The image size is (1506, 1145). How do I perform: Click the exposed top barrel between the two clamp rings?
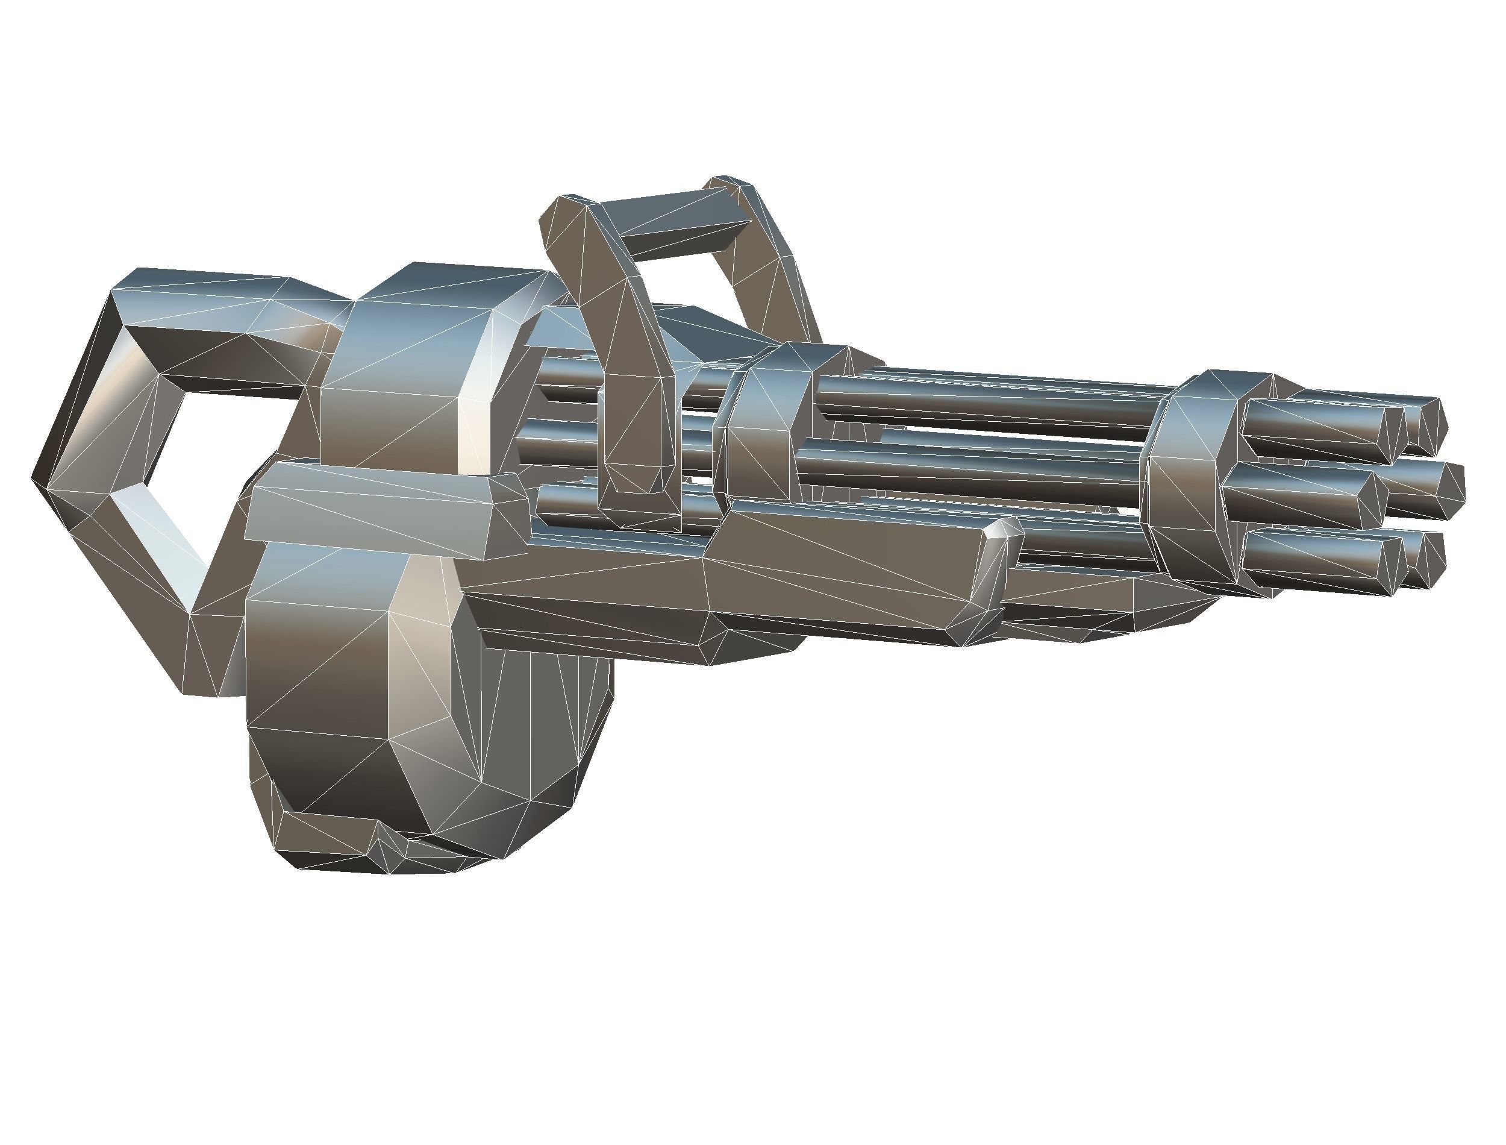[x=988, y=402]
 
